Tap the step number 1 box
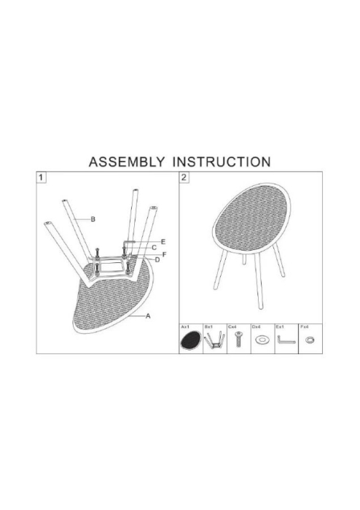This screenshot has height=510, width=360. click(x=42, y=177)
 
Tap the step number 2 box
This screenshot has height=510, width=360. click(x=184, y=177)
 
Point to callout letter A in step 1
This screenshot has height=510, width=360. click(x=148, y=315)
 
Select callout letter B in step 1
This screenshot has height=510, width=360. click(x=94, y=219)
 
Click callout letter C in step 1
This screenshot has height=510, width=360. click(x=154, y=247)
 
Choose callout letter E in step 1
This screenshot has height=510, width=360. click(x=163, y=241)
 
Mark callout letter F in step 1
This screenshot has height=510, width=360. click(x=165, y=254)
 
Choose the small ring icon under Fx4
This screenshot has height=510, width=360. click(x=310, y=340)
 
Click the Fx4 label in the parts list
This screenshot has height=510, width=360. click(x=305, y=329)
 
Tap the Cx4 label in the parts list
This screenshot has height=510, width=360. click(x=232, y=329)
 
